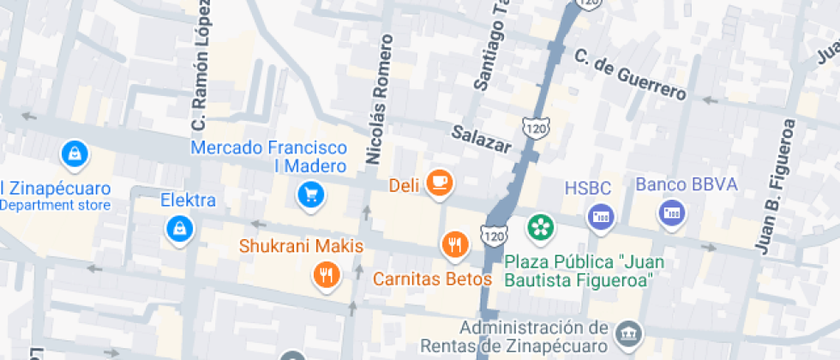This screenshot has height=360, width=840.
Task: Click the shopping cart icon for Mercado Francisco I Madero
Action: pos(310,195)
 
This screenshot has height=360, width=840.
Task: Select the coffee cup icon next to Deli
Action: pos(440,182)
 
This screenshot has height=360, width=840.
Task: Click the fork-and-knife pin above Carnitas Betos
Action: pos(454,245)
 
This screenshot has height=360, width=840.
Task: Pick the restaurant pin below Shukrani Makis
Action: pos(326,275)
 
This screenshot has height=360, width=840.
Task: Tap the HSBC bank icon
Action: pos(600,216)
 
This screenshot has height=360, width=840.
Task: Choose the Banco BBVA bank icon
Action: pos(671,213)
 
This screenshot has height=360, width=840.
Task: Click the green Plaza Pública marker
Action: pos(541,227)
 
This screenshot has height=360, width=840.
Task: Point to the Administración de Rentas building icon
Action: pos(629,333)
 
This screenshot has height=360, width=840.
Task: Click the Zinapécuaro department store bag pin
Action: pos(75,154)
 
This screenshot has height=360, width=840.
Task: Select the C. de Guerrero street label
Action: pos(630,74)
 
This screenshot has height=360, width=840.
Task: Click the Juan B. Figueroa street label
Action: pos(777,186)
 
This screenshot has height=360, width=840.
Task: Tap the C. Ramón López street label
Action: pos(201,66)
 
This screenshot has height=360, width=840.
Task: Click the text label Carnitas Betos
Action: pos(432,279)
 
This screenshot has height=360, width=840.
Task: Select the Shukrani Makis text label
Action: pos(301,247)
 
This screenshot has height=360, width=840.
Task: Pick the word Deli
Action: pos(403,184)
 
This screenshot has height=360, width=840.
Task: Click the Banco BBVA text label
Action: pos(686,184)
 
